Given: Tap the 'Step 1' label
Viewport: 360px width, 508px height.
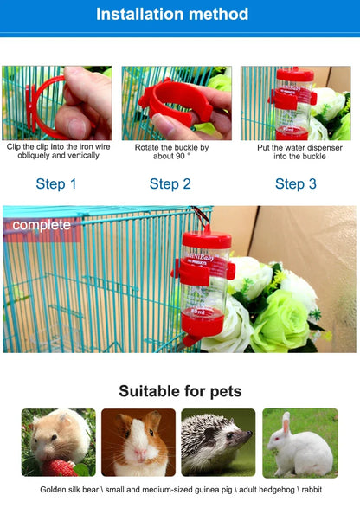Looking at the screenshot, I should tap(56, 183).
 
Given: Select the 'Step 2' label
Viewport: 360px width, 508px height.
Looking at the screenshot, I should tap(170, 183).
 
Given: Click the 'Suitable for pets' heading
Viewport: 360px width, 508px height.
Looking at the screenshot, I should tap(180, 391).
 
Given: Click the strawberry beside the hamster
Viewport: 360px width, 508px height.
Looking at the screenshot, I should tap(59, 468).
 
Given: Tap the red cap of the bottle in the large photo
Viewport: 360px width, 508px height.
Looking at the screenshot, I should tap(206, 237).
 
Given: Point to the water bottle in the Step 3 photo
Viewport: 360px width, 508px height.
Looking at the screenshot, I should tap(293, 104).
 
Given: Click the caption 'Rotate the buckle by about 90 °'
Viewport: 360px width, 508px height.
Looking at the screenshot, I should tap(170, 151).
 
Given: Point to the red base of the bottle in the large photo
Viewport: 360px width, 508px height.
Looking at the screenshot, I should tap(202, 324).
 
